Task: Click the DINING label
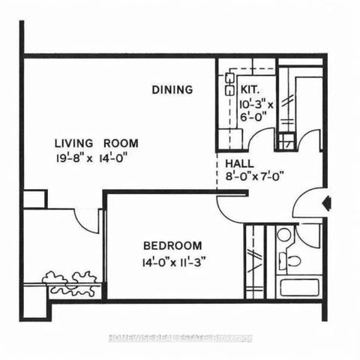pyautogui.click(x=172, y=90)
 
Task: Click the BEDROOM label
pyautogui.click(x=172, y=245)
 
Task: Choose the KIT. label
pyautogui.click(x=251, y=88)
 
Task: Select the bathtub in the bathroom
pyautogui.click(x=296, y=289)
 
